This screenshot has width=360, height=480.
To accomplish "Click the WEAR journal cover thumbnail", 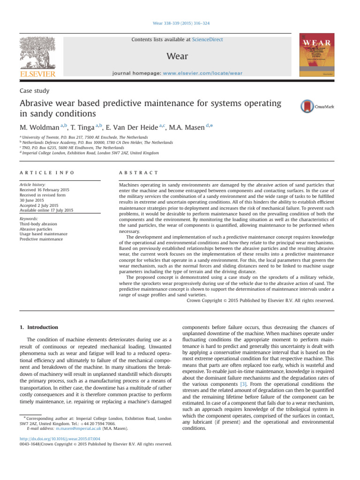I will [x=317, y=55].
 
